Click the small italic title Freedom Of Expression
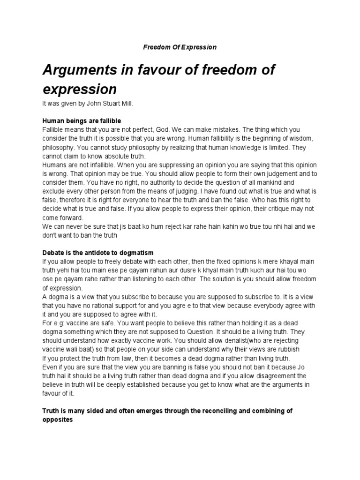pyautogui.click(x=180, y=47)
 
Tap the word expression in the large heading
pyautogui.click(x=79, y=89)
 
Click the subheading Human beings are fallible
pyautogui.click(x=82, y=121)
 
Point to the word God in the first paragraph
pyautogui.click(x=172, y=129)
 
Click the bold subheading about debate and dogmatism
pyautogui.click(x=98, y=253)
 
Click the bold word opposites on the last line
pyautogui.click(x=58, y=420)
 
